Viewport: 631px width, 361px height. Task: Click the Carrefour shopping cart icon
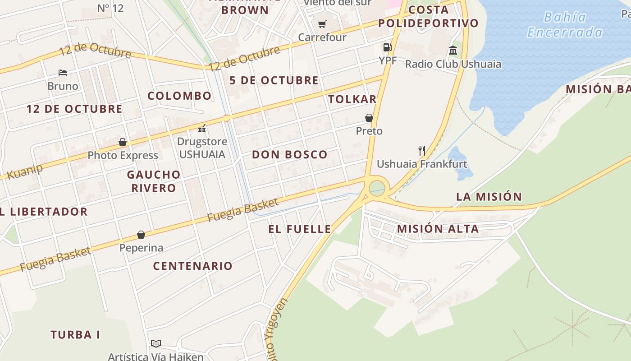(322, 24)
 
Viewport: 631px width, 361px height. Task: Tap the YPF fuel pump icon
(387, 47)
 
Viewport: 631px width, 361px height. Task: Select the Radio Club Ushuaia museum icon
(453, 50)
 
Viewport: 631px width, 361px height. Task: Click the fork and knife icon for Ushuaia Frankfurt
(422, 150)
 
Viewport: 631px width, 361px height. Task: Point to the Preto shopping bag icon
(369, 118)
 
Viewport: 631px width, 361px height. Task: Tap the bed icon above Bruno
(63, 72)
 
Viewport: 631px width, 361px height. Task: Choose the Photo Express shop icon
(123, 143)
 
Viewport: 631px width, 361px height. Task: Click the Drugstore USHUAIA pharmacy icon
(202, 129)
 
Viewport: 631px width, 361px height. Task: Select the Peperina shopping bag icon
(141, 235)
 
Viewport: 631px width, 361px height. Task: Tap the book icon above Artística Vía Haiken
(156, 343)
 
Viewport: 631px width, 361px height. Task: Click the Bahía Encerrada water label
(565, 25)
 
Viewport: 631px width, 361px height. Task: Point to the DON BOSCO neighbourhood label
(289, 155)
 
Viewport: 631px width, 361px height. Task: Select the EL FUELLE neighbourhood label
(300, 229)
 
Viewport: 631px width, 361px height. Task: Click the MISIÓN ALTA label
(438, 229)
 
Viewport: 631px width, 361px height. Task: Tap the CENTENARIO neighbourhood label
(192, 266)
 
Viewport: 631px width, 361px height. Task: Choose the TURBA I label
(75, 335)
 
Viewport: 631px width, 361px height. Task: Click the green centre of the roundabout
(377, 188)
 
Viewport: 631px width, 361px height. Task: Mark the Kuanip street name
(25, 171)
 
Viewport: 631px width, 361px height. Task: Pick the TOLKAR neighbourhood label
(352, 99)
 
